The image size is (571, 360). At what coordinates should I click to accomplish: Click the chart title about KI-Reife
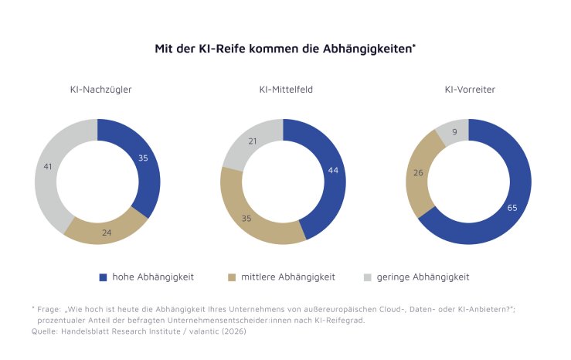point(285,48)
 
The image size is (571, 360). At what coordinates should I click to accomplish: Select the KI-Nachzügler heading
point(100,90)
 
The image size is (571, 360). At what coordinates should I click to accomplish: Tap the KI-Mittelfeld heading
point(285,90)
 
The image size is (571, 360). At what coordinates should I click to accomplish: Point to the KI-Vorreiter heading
point(470,90)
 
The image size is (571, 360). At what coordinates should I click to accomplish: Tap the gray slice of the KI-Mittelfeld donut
point(253,141)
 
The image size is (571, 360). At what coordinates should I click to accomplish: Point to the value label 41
point(48,167)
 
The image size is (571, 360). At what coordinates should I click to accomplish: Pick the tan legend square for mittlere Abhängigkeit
point(231,276)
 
